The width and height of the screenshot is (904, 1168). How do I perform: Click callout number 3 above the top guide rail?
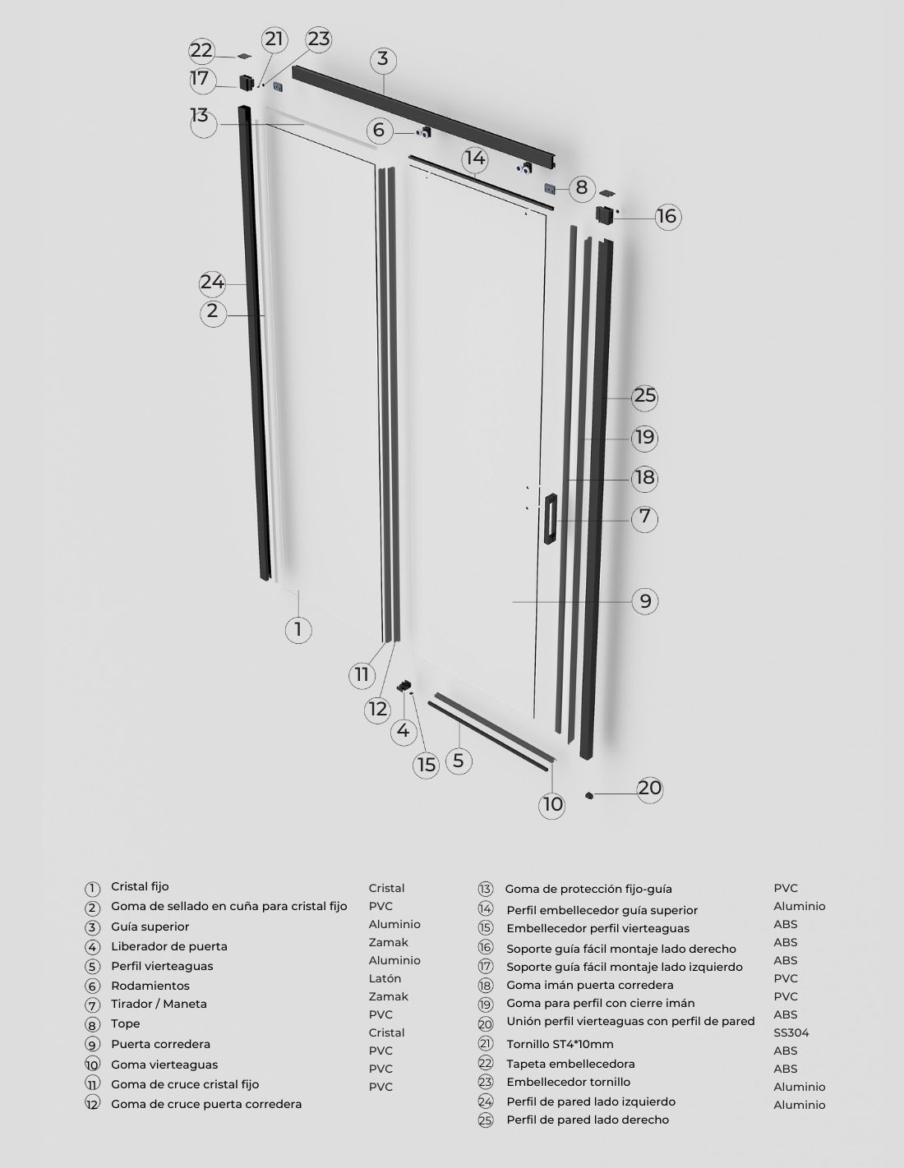(x=382, y=60)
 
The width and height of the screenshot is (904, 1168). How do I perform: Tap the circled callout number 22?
(x=202, y=51)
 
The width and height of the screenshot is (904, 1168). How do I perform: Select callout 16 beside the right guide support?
(x=667, y=216)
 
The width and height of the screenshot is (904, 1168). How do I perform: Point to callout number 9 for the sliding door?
(x=645, y=601)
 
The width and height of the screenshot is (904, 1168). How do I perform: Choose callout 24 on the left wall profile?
(x=212, y=283)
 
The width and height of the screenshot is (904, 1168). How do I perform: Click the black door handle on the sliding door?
(x=551, y=518)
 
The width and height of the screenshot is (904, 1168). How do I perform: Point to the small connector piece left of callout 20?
(x=589, y=794)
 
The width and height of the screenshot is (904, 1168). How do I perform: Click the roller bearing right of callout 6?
(x=424, y=132)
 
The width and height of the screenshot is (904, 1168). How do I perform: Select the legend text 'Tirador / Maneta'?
(x=159, y=1004)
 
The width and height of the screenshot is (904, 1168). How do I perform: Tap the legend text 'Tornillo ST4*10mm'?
(x=560, y=1044)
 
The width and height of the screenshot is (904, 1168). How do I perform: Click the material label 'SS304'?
(x=791, y=1032)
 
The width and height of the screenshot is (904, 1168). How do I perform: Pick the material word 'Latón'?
(x=385, y=978)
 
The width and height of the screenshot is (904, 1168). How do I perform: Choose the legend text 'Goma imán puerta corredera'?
(x=590, y=986)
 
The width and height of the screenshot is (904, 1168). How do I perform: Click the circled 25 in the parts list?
(x=486, y=1120)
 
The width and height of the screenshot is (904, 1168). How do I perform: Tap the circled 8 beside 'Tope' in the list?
(x=93, y=1024)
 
